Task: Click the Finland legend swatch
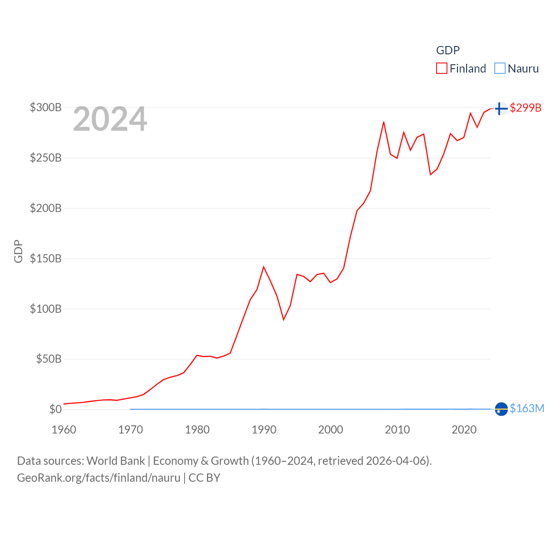[x=442, y=69]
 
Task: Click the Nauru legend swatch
[x=500, y=69]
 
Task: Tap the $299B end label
[x=526, y=108]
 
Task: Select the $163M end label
[x=527, y=408]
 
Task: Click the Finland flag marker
[x=501, y=108]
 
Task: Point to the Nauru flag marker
[x=501, y=409]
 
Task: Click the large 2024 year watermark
[x=110, y=119]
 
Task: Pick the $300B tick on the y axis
[x=46, y=107]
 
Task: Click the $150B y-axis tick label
[x=46, y=258]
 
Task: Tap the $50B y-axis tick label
[x=48, y=359]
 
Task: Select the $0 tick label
[x=55, y=409]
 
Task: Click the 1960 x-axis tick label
[x=64, y=430]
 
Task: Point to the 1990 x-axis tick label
[x=264, y=430]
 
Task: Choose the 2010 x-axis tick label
[x=397, y=430]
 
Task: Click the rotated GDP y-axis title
[x=18, y=251]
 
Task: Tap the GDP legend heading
[x=448, y=50]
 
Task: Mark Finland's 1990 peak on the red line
[x=264, y=267]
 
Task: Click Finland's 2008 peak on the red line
[x=384, y=122]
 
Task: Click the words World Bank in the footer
[x=116, y=460]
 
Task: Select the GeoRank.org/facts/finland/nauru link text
[x=99, y=478]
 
